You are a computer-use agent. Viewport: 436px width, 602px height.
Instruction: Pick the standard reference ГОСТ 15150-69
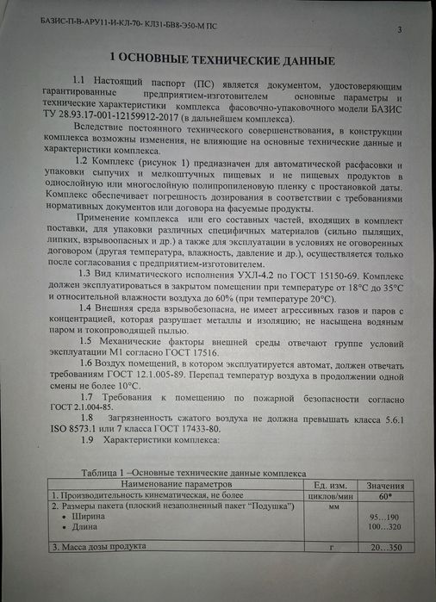[287, 272]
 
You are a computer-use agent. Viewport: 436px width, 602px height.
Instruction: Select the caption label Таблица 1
[104, 473]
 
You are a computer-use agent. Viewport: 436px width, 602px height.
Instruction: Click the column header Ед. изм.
[327, 484]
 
